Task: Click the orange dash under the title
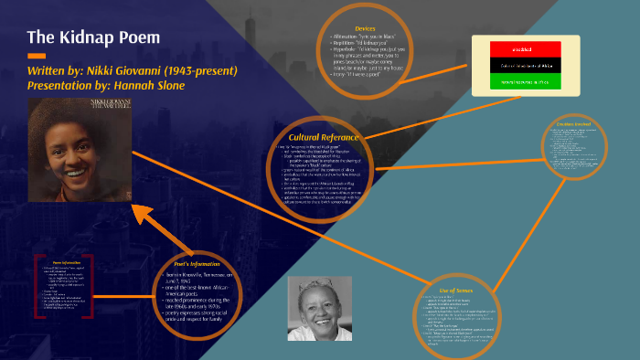[x=37, y=56]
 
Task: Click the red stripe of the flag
[x=529, y=48]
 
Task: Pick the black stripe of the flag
[x=529, y=65]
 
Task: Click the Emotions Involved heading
[x=577, y=123]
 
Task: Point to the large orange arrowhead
[x=140, y=216]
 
